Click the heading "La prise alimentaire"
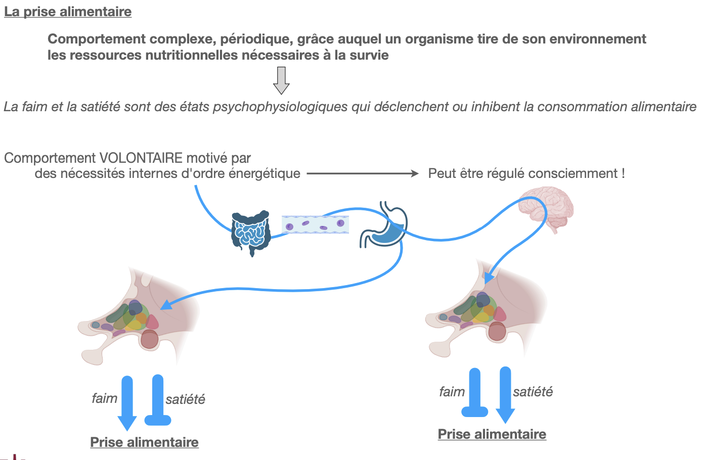[68, 12]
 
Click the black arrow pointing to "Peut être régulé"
[363, 174]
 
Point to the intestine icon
[250, 233]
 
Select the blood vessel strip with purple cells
[315, 224]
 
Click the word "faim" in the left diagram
[105, 398]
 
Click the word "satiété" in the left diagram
[186, 399]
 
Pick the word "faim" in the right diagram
[452, 392]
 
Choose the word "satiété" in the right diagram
[533, 392]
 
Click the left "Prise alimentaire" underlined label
[144, 442]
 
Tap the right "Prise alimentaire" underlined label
[492, 434]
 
